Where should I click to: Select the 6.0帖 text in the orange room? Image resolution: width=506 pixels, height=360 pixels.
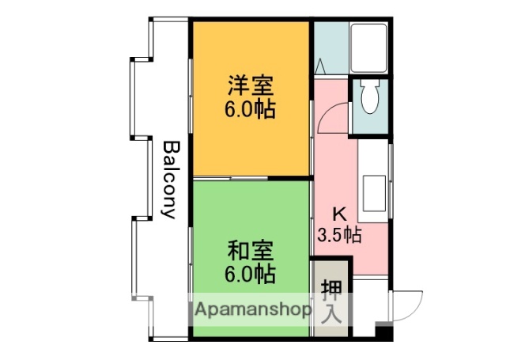(251, 110)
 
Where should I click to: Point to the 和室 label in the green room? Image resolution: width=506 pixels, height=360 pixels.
(251, 252)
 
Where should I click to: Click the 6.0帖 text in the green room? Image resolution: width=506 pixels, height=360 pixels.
(251, 275)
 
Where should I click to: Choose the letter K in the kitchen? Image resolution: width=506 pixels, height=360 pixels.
(338, 214)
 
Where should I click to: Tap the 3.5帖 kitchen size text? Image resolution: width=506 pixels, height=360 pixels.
(340, 235)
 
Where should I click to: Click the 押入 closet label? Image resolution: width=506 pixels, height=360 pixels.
(330, 300)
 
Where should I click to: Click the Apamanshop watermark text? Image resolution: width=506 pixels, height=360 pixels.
(252, 310)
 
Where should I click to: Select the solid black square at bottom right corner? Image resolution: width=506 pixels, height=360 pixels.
(384, 334)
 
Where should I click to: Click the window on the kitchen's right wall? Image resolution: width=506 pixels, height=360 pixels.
(391, 170)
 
